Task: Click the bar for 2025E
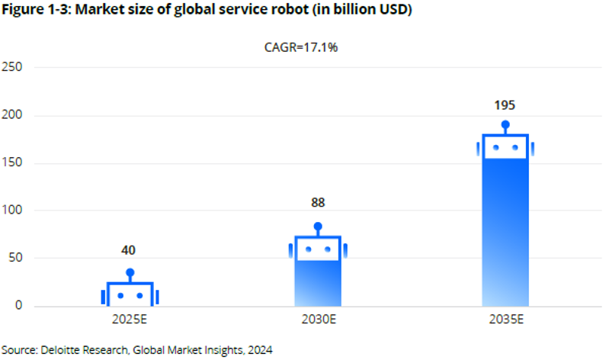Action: click(x=130, y=294)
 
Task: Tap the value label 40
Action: click(x=130, y=250)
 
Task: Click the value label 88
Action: click(x=318, y=203)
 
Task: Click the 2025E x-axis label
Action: click(x=130, y=319)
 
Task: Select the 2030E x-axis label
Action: click(x=318, y=319)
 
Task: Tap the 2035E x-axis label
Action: click(x=505, y=319)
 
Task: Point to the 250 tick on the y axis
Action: click(x=12, y=67)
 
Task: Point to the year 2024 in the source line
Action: click(x=259, y=349)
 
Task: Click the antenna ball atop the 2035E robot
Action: click(x=505, y=124)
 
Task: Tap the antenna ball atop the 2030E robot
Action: click(x=318, y=227)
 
